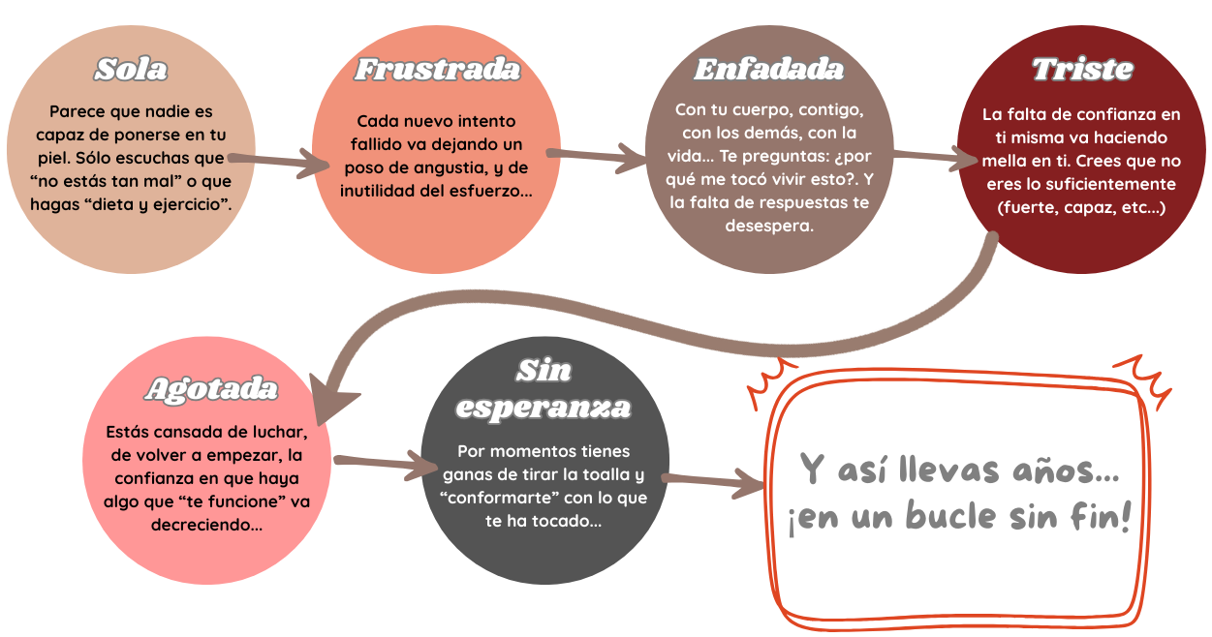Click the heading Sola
131,70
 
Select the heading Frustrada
437,70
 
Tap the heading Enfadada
769,70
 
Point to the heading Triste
1082,70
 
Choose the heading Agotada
211,389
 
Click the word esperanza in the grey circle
544,408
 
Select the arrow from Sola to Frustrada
276,161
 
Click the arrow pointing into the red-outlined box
712,481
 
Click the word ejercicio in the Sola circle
199,204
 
